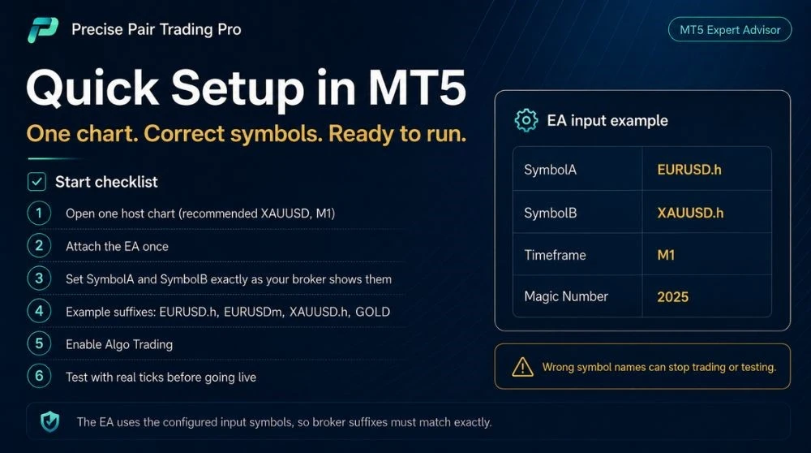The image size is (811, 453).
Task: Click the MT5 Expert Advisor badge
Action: pyautogui.click(x=730, y=29)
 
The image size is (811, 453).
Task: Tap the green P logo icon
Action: pyautogui.click(x=43, y=30)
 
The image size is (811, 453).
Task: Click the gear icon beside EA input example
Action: pyautogui.click(x=526, y=121)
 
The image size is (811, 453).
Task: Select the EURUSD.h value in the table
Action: pyautogui.click(x=689, y=170)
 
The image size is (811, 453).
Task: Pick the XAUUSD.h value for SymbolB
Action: pyautogui.click(x=690, y=213)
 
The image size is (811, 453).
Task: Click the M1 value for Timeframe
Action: pyautogui.click(x=666, y=255)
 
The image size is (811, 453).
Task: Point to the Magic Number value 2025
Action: pyautogui.click(x=672, y=296)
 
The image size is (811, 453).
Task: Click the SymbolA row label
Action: pyautogui.click(x=550, y=170)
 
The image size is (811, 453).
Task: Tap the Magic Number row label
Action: pyautogui.click(x=566, y=296)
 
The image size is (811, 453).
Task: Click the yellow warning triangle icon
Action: pyautogui.click(x=522, y=367)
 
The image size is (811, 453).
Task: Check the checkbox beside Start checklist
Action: pyautogui.click(x=36, y=182)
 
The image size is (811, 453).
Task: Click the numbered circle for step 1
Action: pyautogui.click(x=39, y=213)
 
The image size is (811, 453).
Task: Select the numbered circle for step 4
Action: pyautogui.click(x=39, y=311)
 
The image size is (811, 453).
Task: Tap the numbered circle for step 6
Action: pyautogui.click(x=39, y=376)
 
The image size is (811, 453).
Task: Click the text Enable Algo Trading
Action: pyautogui.click(x=119, y=345)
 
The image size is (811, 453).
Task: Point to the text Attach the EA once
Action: pyautogui.click(x=117, y=247)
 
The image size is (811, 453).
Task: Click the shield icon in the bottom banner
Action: pyautogui.click(x=50, y=421)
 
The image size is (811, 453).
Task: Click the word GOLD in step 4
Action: pyautogui.click(x=372, y=312)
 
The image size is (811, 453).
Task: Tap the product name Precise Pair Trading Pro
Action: pyautogui.click(x=157, y=29)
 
